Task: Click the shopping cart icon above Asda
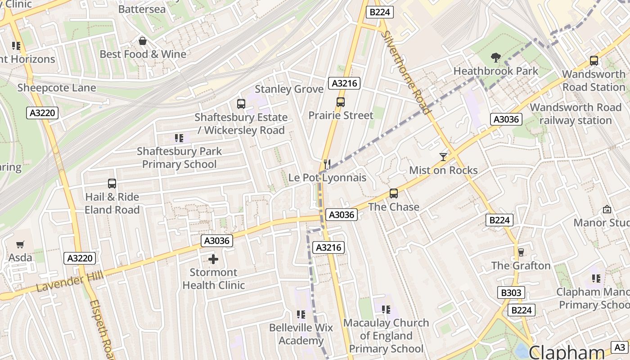point(20,244)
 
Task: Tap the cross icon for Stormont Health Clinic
point(213,259)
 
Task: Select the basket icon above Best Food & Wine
point(143,41)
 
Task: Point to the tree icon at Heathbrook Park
point(495,57)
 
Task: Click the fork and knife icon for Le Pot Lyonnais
point(327,164)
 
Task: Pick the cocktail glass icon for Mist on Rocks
point(443,157)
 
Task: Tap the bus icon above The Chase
point(394,193)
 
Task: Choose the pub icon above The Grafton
point(521,252)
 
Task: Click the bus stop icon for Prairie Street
point(341,102)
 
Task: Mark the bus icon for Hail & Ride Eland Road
point(112,184)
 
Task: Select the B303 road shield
point(511,292)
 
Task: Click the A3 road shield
point(620,347)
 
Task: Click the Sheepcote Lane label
point(57,88)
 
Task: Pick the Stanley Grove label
point(289,89)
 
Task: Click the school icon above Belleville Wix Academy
point(301,314)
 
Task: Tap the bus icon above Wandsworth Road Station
point(594,61)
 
